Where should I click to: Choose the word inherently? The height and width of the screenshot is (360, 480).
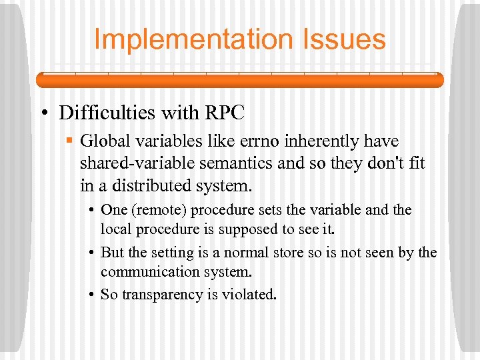[319, 141]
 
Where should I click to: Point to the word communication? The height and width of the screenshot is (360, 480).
[155, 272]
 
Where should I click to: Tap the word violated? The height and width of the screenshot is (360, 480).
[251, 294]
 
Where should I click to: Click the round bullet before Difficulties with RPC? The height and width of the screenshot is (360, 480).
[43, 113]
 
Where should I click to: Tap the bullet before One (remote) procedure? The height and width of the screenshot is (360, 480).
[91, 211]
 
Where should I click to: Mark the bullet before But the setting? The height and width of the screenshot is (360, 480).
[91, 253]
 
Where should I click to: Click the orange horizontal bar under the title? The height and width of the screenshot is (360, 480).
[239, 80]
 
